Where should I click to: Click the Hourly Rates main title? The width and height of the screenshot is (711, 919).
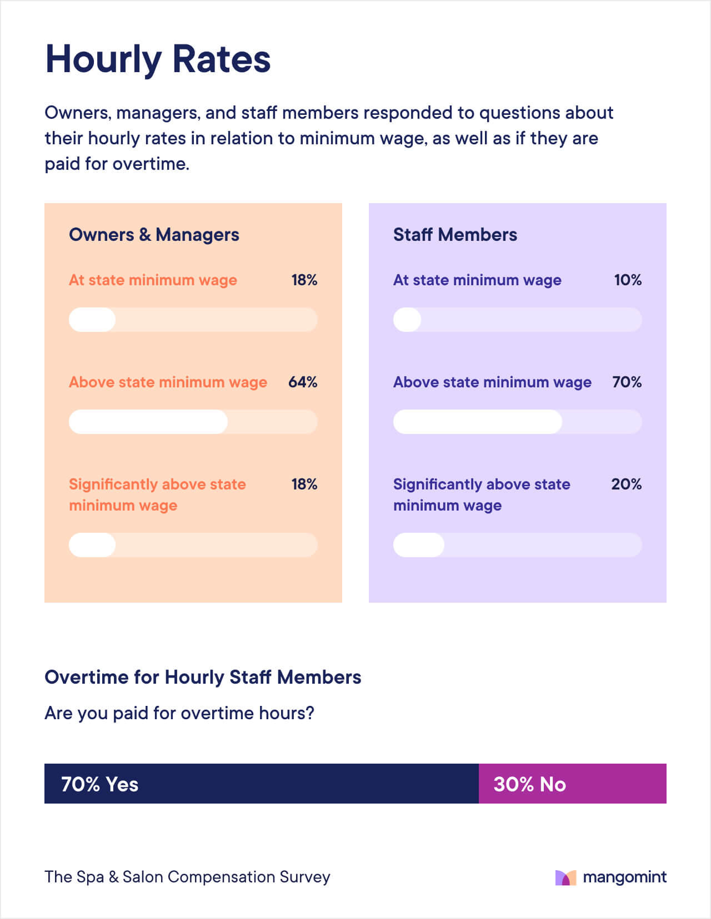coord(158,59)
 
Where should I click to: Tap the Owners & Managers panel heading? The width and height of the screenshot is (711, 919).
coord(154,235)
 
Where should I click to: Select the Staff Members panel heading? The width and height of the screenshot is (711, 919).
coord(455,235)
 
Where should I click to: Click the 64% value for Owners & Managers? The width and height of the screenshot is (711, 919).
coord(303,382)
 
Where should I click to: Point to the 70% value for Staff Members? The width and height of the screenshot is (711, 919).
coord(627,382)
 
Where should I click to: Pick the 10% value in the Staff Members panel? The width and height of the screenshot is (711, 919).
coord(628,280)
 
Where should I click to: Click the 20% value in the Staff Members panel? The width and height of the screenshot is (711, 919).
coord(626,484)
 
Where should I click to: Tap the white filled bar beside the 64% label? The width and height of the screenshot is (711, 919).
coord(148,422)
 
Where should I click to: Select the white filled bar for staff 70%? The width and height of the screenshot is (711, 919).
coord(477,422)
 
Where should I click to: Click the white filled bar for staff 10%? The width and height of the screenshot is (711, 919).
coord(407,320)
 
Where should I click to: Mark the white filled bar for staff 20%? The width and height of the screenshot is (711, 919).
coord(418,545)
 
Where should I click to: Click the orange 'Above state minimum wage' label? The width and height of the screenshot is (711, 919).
coord(168,382)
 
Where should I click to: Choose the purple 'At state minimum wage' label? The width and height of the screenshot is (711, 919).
coord(477,280)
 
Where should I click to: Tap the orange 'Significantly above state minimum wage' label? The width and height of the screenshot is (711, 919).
coord(157,494)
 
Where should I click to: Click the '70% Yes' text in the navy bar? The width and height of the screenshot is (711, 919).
coord(99,784)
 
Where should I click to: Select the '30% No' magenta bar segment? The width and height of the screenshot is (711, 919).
coord(572,784)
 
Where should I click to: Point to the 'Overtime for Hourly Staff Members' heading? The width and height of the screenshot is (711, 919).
coord(203,677)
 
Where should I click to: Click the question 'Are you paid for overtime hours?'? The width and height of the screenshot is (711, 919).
coord(179,713)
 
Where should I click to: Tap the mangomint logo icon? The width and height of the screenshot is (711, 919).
coord(565,877)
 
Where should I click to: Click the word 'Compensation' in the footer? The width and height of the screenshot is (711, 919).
coord(221,877)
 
